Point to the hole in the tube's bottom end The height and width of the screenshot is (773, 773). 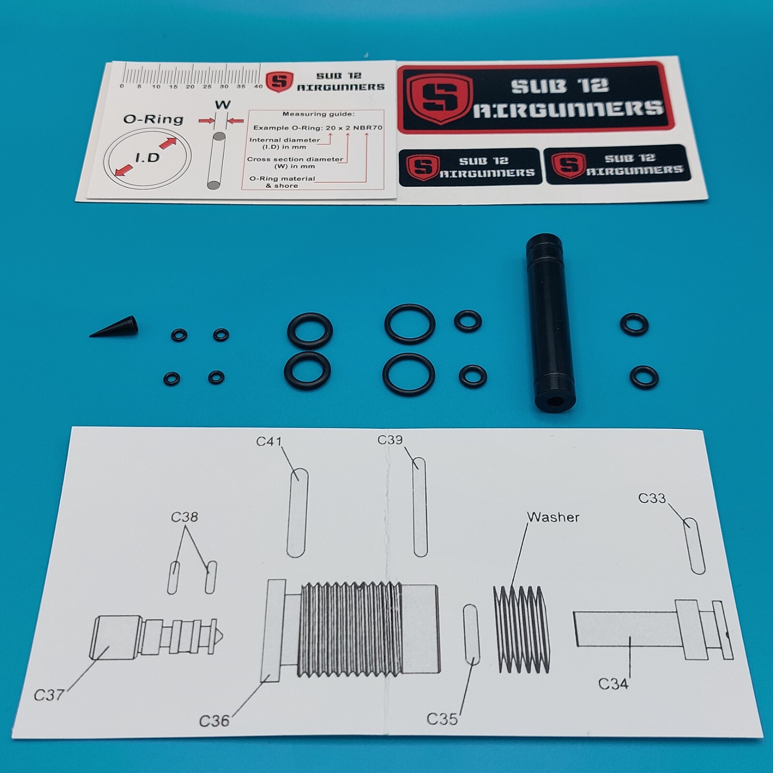point(555,401)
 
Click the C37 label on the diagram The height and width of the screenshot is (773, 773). point(49,695)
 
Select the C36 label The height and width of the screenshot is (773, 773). point(214,721)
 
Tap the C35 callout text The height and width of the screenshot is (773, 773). point(442,719)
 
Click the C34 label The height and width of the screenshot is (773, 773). point(613,684)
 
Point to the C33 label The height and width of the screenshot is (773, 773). point(652,498)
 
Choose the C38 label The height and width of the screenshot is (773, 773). point(184,517)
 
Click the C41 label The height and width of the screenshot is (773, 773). point(269,441)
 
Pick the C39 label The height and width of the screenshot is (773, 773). point(390,440)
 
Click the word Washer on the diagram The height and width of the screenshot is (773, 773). point(553,517)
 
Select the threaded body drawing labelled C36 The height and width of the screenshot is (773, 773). point(353,628)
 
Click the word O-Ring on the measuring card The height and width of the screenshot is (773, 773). point(153,119)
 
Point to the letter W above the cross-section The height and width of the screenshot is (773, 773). point(222,105)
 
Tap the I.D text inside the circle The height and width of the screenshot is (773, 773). point(147,157)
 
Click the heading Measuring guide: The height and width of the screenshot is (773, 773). point(318,115)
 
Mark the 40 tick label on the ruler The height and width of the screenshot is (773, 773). point(258,86)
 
